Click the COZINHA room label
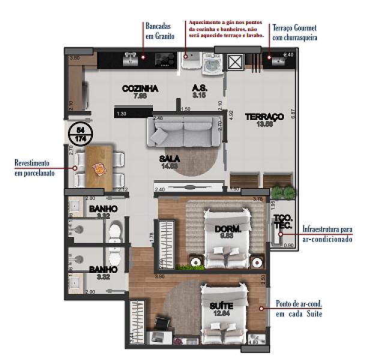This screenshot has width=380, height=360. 140,88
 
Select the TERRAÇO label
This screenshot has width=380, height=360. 264,116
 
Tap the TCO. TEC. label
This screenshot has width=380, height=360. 282,221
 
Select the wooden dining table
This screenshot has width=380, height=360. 97,168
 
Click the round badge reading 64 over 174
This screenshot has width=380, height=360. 79,134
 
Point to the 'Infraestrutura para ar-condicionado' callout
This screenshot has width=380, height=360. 327,234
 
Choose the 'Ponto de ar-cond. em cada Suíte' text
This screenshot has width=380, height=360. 298,308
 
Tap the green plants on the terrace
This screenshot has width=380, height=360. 282,193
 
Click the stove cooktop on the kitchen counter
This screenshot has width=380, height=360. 164,60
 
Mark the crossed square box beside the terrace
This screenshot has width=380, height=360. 235,62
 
